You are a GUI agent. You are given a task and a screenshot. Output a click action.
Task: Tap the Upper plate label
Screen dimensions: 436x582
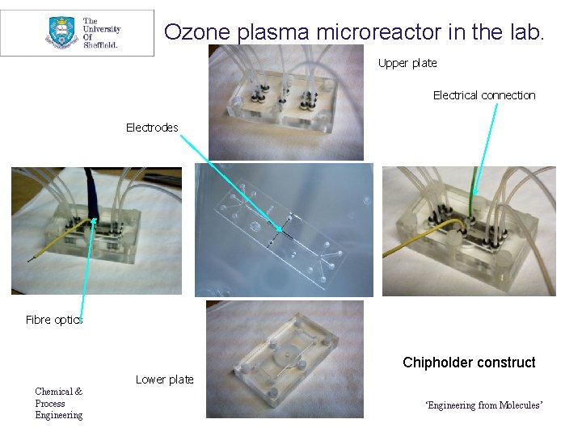[x=407, y=63]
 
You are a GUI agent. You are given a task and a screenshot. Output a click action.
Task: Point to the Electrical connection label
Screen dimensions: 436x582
[x=483, y=95]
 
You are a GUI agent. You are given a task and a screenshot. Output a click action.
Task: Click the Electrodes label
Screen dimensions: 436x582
[x=152, y=128]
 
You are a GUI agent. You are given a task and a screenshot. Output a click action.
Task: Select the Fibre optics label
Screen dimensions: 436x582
[x=53, y=320]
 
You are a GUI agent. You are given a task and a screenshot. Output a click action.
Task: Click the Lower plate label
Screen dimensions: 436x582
[x=164, y=379]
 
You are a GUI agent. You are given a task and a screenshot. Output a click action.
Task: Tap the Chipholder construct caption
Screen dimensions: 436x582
[x=469, y=363]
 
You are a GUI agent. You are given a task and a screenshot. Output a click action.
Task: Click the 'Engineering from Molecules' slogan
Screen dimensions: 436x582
[x=483, y=405]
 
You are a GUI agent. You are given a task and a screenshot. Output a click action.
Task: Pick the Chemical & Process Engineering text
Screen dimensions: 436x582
[x=58, y=403]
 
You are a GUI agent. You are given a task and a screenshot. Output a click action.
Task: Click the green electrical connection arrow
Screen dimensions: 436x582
[x=486, y=145]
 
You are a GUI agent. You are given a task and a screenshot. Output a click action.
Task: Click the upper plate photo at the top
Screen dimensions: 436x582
[x=285, y=103]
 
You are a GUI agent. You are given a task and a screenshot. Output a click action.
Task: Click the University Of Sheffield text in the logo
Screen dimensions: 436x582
[x=101, y=33]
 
